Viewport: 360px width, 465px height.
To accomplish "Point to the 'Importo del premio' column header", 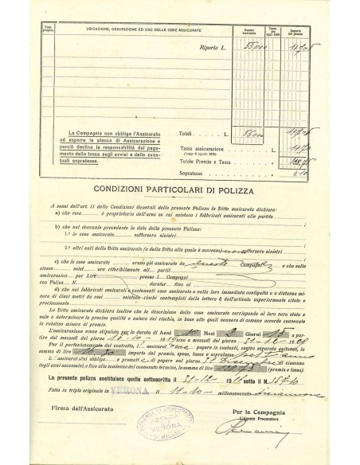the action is pyautogui.click(x=311, y=30).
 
